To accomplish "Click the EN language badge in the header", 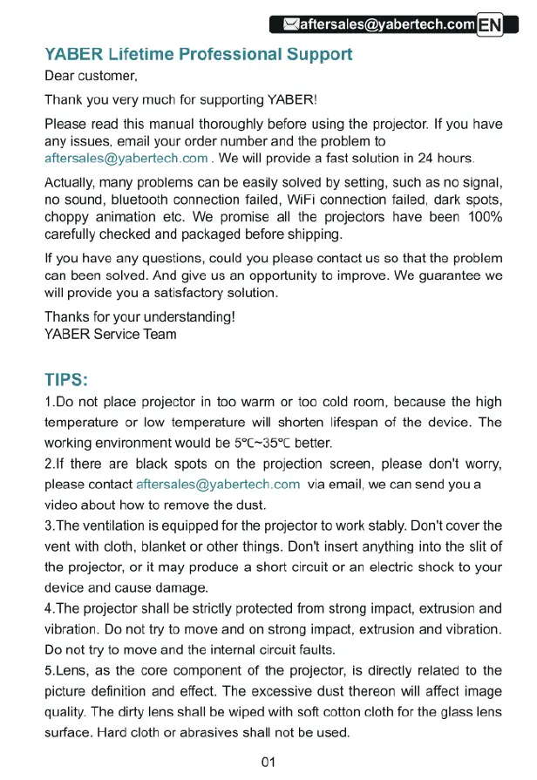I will tap(492, 24).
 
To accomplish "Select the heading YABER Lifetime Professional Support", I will tap(198, 54).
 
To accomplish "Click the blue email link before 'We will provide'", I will tap(126, 158).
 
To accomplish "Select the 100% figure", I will tap(485, 217).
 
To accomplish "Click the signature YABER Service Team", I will tap(110, 334).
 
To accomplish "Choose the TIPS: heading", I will tap(66, 380).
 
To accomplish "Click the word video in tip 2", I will tap(61, 505).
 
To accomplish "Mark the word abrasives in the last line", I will tap(207, 732).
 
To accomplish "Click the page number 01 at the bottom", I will tap(268, 762).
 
